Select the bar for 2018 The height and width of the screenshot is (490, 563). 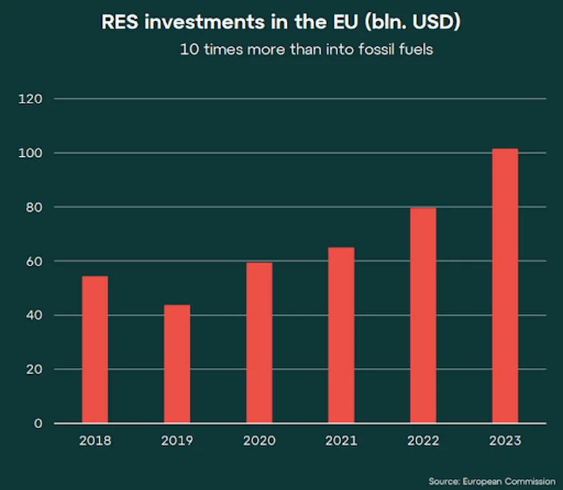point(95,349)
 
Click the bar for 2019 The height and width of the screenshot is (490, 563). point(177,364)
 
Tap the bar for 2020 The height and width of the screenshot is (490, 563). point(259,343)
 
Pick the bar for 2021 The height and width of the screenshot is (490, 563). point(341,335)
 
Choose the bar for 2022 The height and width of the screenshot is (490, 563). point(423,315)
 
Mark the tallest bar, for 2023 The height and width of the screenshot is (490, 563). point(505,286)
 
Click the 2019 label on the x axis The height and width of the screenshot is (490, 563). point(177,441)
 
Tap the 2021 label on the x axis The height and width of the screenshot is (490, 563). point(341,441)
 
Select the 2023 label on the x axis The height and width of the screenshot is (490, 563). point(505,441)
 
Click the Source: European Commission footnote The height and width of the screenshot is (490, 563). point(491,481)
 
